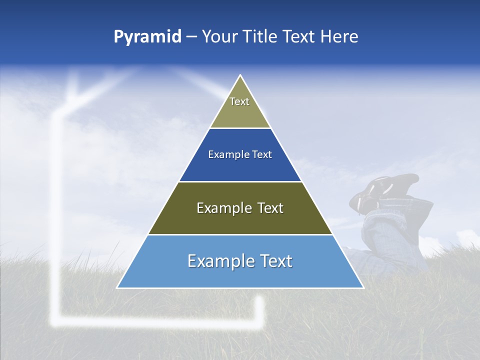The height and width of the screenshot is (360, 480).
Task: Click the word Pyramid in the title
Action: (147, 37)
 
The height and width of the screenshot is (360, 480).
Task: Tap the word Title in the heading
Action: (261, 37)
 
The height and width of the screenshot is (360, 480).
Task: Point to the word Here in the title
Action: (339, 37)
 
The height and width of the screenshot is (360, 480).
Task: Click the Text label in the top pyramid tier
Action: (239, 101)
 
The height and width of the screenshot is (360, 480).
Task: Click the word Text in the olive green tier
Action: (270, 208)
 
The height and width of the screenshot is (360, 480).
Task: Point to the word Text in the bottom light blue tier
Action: (275, 261)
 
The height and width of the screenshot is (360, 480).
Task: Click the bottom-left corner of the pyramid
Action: (117, 287)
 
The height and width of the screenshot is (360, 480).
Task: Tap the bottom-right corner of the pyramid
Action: (363, 287)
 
